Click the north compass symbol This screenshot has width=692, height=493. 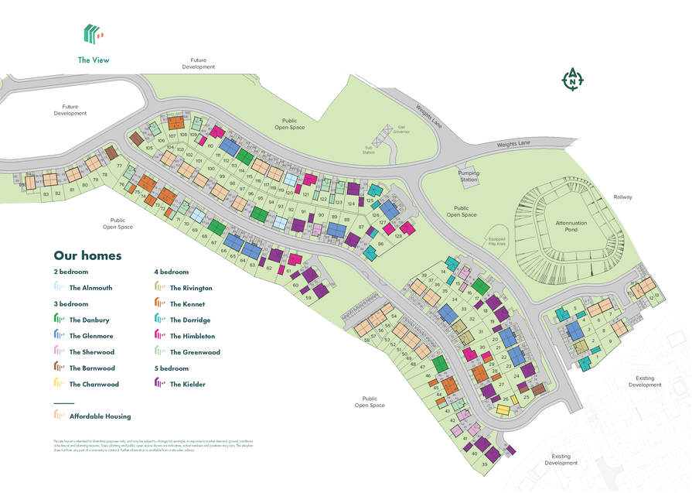coord(572,79)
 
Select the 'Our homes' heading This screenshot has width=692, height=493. coord(87,255)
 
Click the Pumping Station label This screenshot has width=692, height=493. coord(469,176)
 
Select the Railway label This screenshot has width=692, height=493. coord(622,197)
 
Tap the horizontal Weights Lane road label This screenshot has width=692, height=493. coord(513,143)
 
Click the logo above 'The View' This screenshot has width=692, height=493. coord(93,33)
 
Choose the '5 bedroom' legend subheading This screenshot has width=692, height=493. coord(172,368)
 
